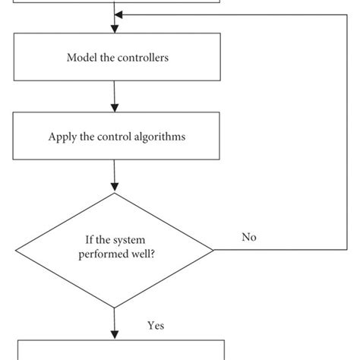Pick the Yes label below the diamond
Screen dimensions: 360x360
click(156, 326)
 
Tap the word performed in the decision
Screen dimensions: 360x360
click(99, 255)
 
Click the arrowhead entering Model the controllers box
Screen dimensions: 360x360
click(114, 30)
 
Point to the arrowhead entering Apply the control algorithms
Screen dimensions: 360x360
click(114, 110)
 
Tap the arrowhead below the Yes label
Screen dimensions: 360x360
click(114, 334)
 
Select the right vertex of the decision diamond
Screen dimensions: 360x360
click(214, 250)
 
